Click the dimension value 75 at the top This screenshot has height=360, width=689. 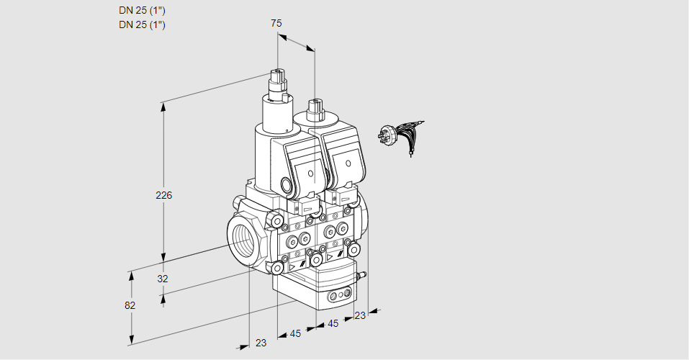tap(276, 23)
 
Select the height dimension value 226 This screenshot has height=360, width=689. tap(165, 195)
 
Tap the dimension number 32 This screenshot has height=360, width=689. tap(163, 278)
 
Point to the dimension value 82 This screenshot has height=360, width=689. tap(130, 305)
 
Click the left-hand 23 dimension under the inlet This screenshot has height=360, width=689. tap(261, 343)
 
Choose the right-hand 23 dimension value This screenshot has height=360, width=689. tap(360, 315)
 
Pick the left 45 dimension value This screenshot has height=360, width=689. tap(295, 333)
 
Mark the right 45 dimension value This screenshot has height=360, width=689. tap(333, 323)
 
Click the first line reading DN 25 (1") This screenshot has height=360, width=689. tap(143, 11)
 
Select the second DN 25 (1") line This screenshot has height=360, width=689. tap(143, 24)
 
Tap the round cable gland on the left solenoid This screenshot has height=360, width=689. tap(289, 186)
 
